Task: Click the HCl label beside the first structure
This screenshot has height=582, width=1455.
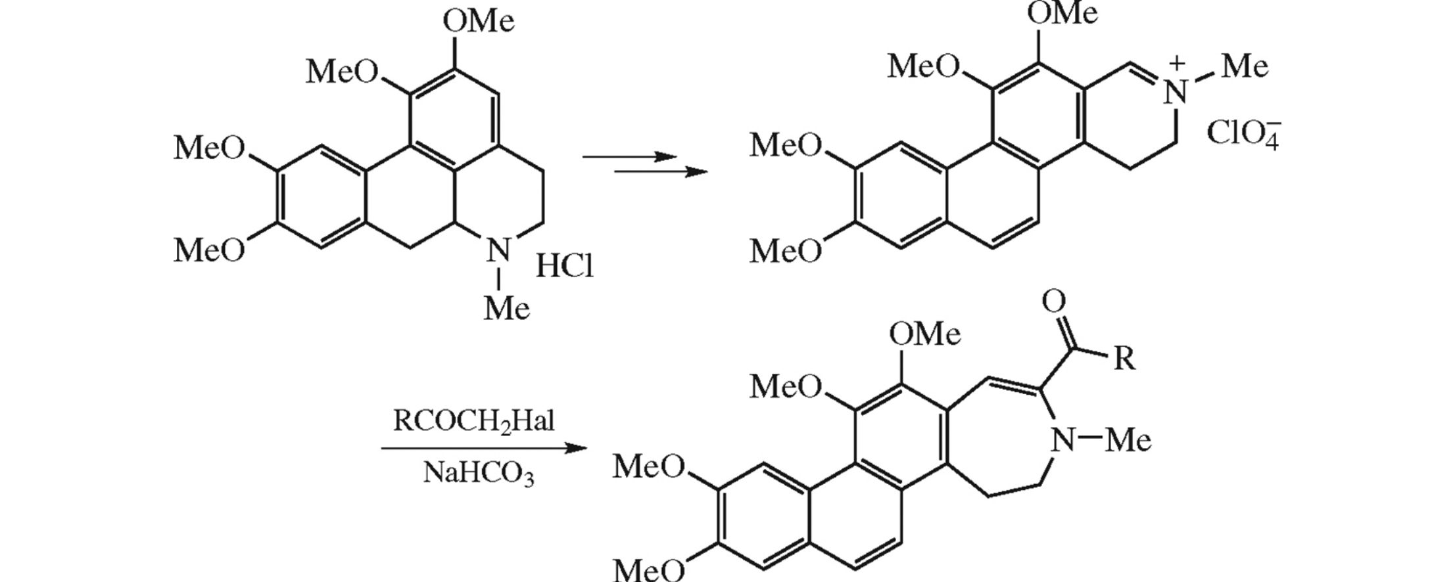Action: [564, 267]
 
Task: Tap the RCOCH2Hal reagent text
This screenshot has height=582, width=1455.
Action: [473, 421]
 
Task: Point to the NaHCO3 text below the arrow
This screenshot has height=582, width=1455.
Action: [478, 474]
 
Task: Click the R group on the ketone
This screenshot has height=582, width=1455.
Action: [1125, 359]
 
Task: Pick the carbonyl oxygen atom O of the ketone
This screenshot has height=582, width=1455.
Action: [1054, 302]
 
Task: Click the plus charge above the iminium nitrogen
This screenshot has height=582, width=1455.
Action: [1178, 63]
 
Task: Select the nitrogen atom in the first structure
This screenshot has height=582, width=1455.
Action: [499, 250]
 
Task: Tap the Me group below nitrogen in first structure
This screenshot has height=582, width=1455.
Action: [506, 307]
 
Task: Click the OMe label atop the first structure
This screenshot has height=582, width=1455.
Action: [478, 21]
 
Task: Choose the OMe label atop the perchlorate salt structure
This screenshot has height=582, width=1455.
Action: [1062, 13]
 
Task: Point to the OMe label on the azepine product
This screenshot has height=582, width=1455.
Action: [924, 334]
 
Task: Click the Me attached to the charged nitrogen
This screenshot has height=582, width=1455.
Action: [1244, 66]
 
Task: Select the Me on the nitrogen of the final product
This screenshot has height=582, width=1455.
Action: [1128, 439]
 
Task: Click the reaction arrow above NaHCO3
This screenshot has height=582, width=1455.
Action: [483, 449]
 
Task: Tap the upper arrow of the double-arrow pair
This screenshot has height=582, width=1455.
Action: [629, 157]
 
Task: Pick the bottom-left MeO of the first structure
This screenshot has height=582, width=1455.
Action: [209, 250]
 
